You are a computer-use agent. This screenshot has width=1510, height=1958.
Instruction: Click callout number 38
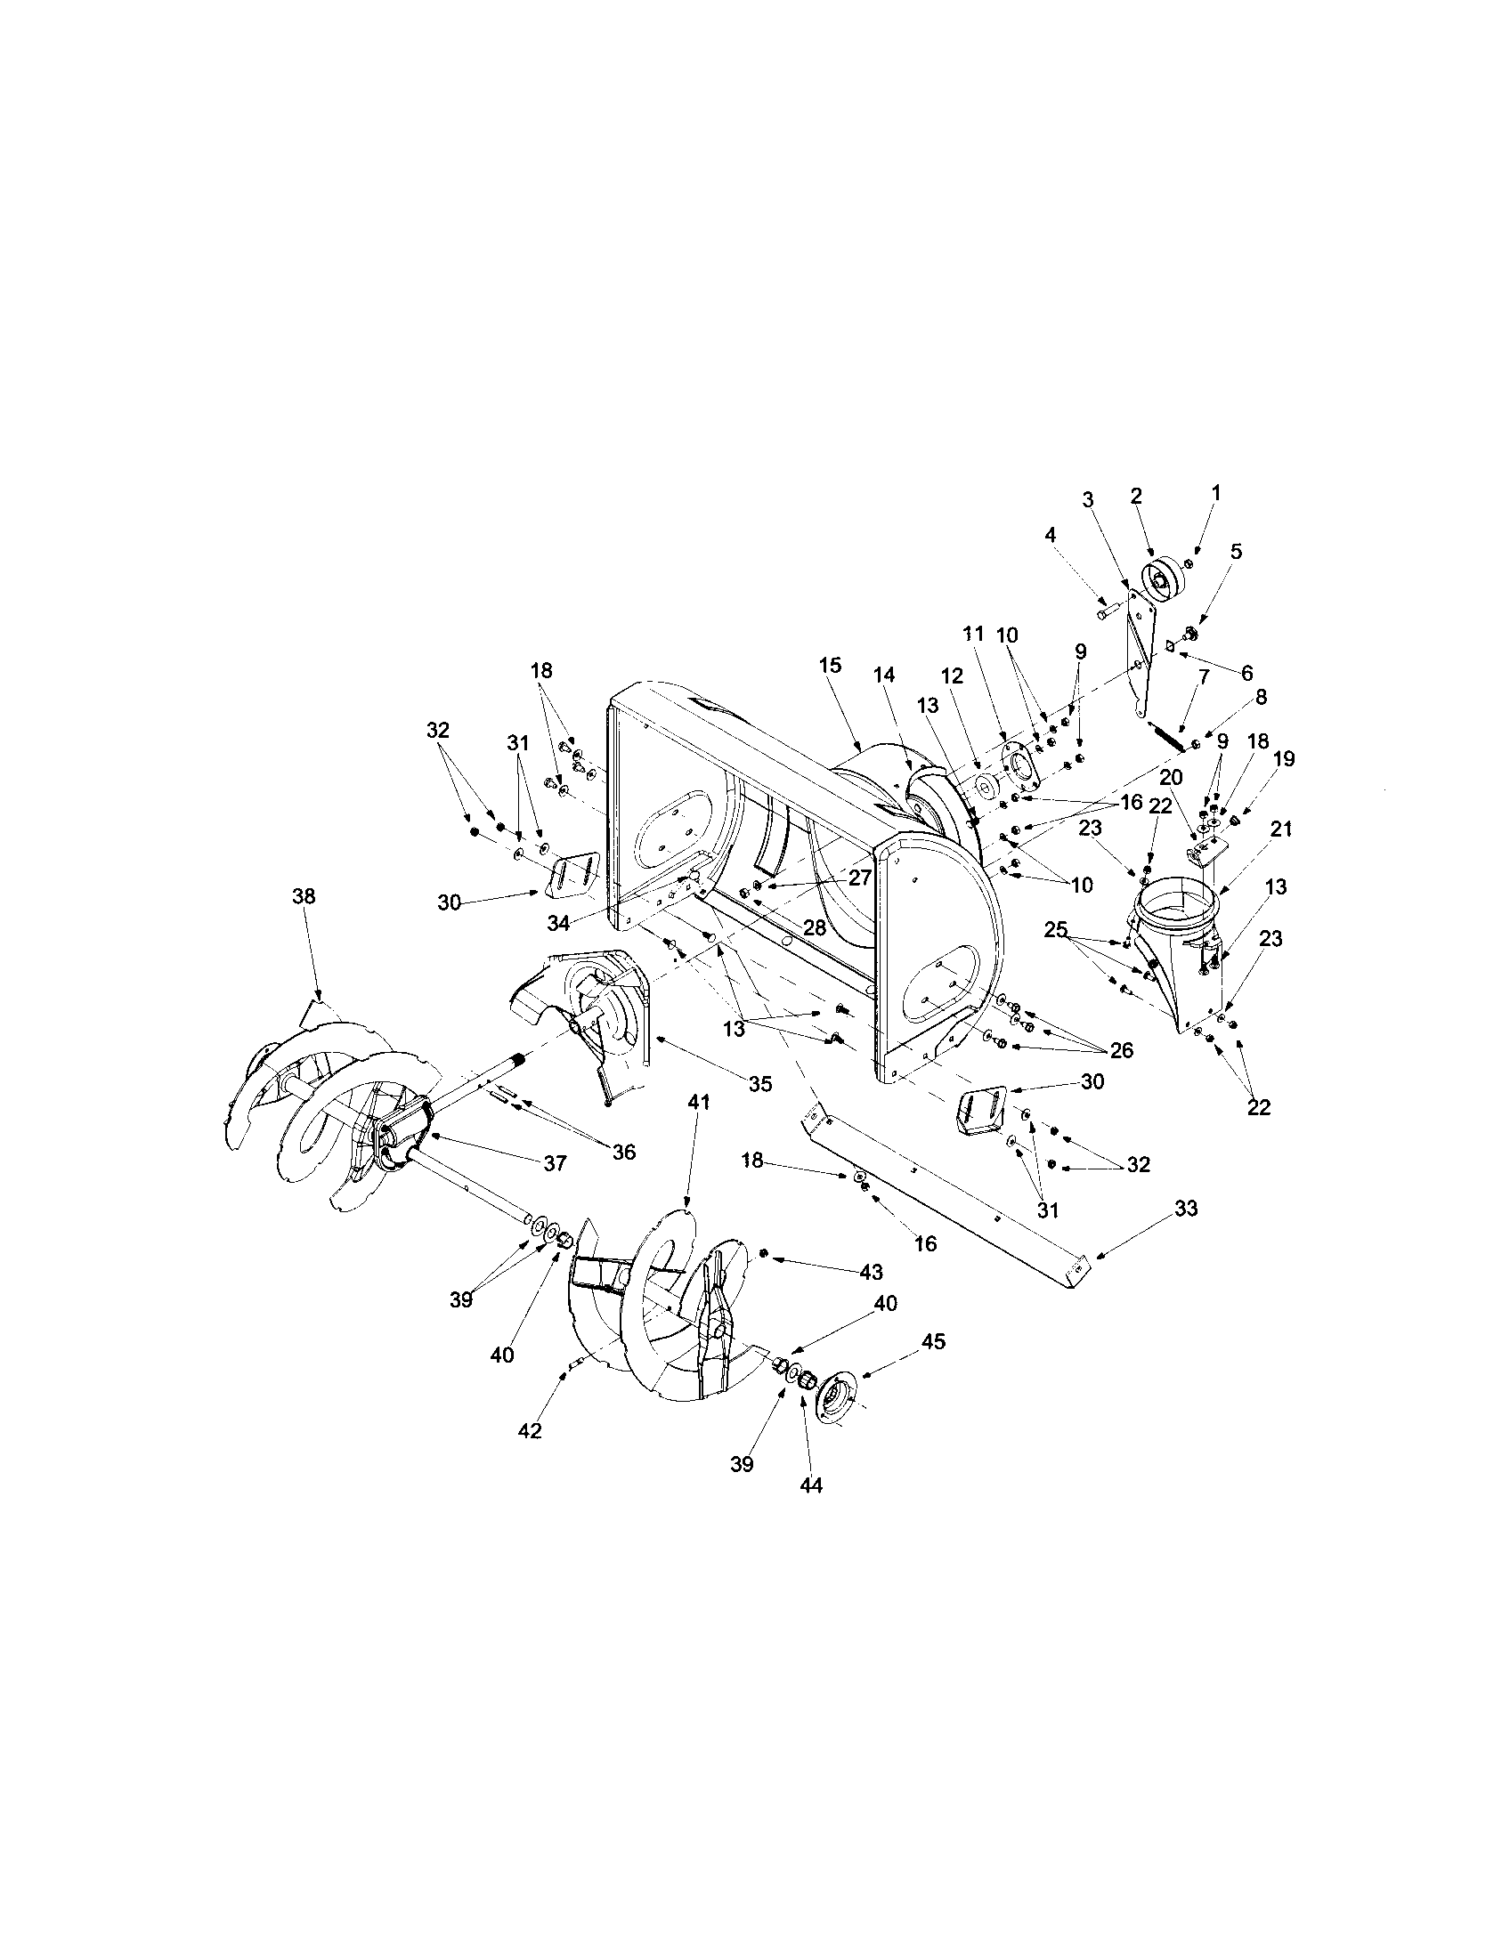[303, 896]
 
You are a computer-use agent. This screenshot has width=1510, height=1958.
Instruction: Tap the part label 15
[831, 664]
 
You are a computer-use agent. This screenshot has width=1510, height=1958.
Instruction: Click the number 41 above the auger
[699, 1102]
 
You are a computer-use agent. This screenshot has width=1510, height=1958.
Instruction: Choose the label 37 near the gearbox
[555, 1163]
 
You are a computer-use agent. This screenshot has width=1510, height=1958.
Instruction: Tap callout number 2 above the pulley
[1136, 495]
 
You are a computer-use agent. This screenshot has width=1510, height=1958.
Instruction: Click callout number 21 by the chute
[1280, 829]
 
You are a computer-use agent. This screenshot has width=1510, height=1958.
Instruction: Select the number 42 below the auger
[530, 1431]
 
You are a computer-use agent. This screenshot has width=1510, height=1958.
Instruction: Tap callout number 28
[813, 928]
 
